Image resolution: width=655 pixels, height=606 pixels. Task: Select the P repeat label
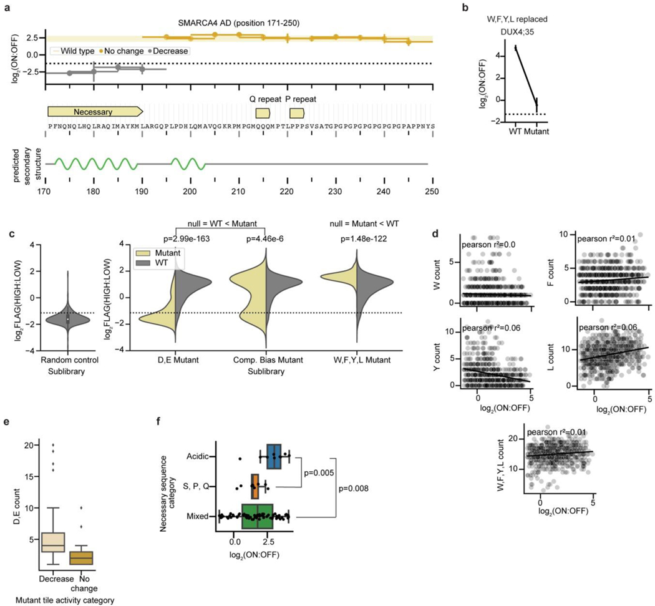point(299,99)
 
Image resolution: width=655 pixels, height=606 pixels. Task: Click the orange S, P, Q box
point(255,486)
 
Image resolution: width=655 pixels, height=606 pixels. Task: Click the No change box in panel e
point(80,557)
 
